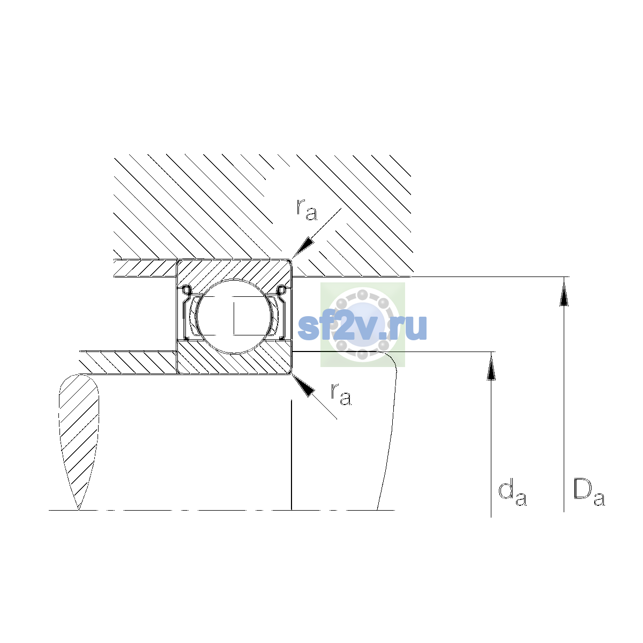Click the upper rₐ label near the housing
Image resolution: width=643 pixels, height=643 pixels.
point(306,210)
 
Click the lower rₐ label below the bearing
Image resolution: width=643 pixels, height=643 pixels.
point(341,394)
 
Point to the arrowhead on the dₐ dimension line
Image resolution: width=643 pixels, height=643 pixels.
point(491,366)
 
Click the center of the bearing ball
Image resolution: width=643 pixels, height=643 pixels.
point(234,316)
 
